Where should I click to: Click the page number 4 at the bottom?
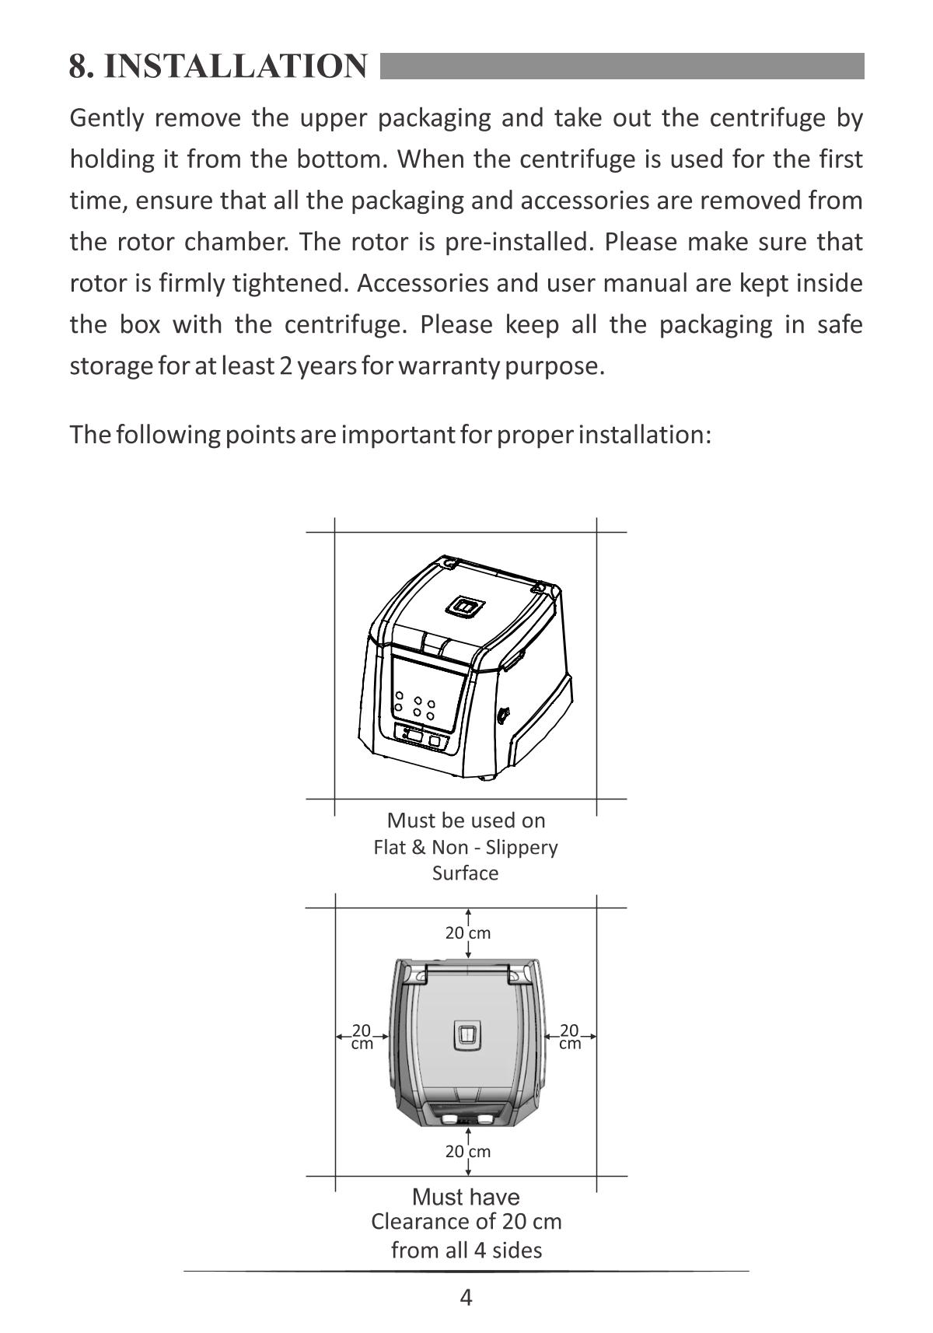click(x=466, y=1297)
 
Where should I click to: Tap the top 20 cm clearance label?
click(x=467, y=932)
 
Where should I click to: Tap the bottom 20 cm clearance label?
click(x=467, y=1151)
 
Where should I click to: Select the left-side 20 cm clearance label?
click(x=362, y=1037)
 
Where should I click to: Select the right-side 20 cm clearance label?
click(x=570, y=1037)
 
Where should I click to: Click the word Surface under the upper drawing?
click(x=465, y=873)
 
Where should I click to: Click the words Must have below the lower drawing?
click(x=466, y=1196)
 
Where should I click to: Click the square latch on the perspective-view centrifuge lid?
click(x=465, y=607)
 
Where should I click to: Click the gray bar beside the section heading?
click(x=622, y=66)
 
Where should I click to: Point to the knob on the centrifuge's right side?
click(x=503, y=712)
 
